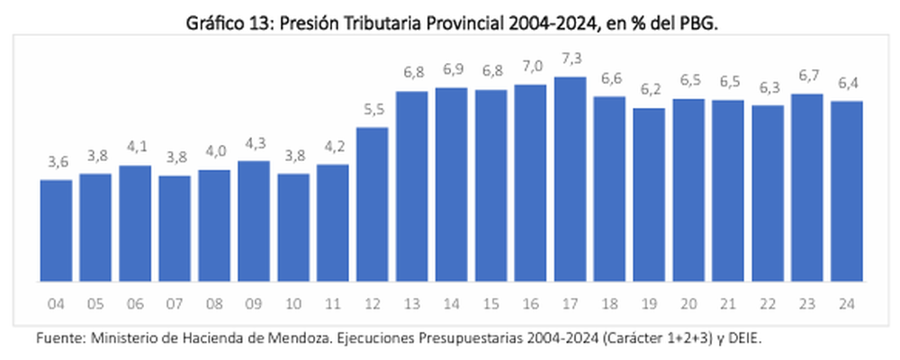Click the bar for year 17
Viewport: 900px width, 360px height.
tap(571, 179)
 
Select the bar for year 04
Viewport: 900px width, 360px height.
tap(56, 230)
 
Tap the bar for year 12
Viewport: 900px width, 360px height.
tap(373, 204)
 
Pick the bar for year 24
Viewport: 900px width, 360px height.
tap(848, 191)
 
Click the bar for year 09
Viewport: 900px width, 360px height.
tap(254, 221)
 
